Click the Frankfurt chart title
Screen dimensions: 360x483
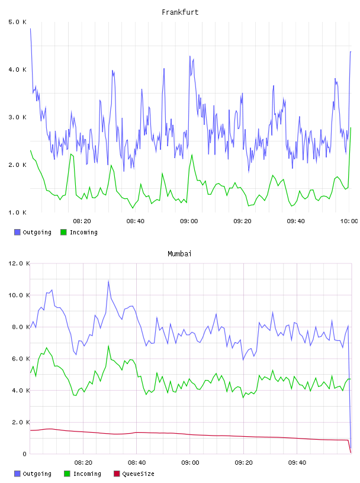coord(180,12)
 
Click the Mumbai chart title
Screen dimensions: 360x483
coord(179,253)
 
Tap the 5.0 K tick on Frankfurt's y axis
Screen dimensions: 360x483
coord(17,22)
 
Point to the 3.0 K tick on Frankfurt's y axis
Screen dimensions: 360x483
coord(17,117)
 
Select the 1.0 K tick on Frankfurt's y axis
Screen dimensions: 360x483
coord(17,212)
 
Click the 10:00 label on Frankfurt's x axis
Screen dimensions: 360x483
coord(349,221)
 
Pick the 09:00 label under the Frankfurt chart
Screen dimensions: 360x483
coord(189,221)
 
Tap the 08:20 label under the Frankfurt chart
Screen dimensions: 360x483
coord(82,221)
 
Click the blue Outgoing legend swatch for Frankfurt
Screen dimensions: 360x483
coord(17,232)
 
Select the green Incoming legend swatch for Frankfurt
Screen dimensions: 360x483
coord(63,232)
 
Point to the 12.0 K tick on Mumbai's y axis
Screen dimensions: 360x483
coord(19,263)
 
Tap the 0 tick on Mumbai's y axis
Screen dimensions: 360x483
coord(25,454)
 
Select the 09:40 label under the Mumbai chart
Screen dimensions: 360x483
coord(297,462)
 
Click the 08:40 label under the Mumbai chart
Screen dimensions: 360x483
coord(137,462)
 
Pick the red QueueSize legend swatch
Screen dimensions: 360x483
coord(117,474)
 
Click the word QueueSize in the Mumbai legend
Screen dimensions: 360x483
coord(138,474)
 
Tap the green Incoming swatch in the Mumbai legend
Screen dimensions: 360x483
coord(67,474)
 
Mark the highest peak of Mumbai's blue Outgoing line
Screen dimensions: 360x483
coord(108,281)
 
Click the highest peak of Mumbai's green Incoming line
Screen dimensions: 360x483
coord(108,346)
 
